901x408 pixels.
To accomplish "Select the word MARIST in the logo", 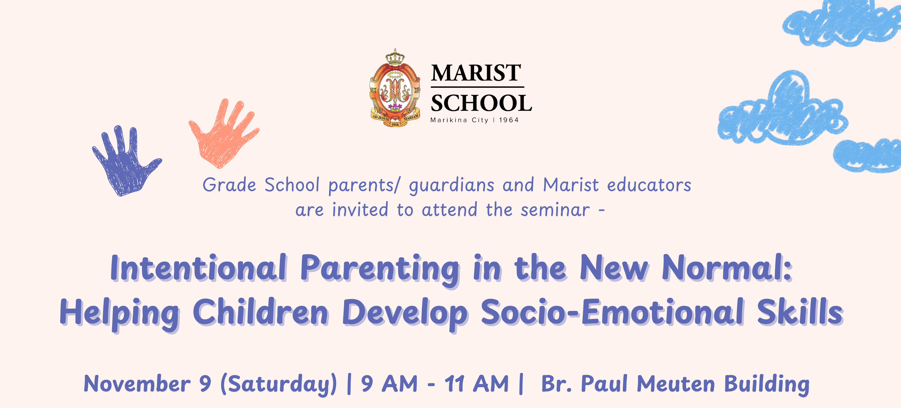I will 476,73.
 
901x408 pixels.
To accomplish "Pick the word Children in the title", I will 261,312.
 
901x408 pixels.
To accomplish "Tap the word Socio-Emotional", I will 612,312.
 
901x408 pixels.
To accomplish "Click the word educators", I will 649,185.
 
